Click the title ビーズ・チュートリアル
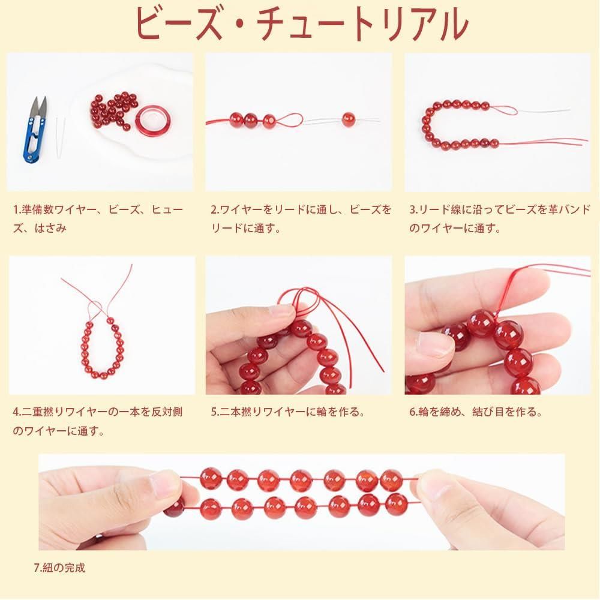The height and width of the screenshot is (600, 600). pos(302,24)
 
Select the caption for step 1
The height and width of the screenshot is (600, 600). pos(98,219)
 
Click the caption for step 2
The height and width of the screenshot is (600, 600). pos(301,219)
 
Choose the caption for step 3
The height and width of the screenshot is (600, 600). pos(500,219)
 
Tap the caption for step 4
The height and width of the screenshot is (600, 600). pos(98,421)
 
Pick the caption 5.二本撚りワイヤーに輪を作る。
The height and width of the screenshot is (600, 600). pos(287,412)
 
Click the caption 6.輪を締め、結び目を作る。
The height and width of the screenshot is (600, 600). pos(476,412)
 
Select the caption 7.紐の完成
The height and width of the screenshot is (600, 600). pos(59,568)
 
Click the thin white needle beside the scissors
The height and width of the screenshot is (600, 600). pos(59,137)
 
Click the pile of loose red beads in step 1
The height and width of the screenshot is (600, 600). pos(113,110)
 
